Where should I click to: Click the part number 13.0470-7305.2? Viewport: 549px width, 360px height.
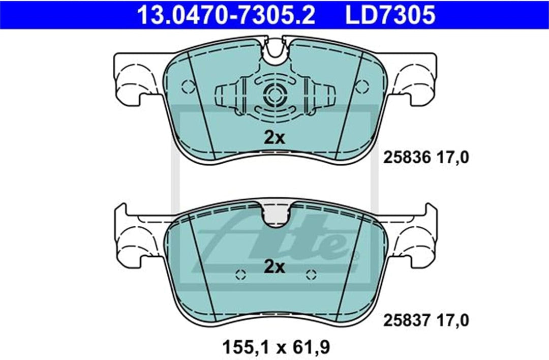click(226, 15)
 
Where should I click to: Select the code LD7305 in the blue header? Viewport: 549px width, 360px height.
click(390, 15)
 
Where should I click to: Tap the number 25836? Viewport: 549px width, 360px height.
click(407, 158)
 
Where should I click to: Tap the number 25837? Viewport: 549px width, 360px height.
click(407, 320)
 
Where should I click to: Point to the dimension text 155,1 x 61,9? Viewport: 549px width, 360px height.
click(276, 347)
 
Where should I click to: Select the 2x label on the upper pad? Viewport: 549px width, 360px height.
click(274, 138)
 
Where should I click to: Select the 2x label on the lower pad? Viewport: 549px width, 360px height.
click(274, 267)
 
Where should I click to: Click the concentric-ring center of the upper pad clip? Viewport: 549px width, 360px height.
click(275, 94)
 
